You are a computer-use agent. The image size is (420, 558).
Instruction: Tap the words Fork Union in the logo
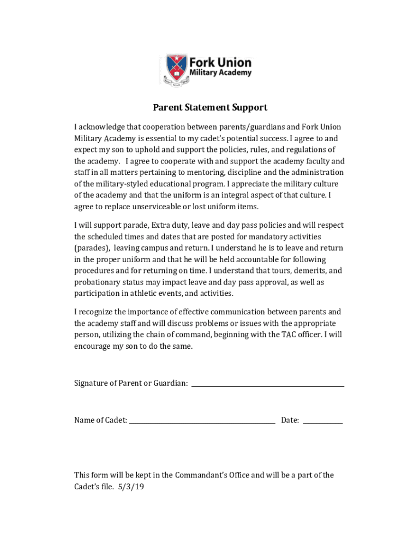point(220,62)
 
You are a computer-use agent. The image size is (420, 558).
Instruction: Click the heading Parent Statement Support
point(210,107)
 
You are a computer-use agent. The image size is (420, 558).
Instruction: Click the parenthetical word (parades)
point(92,248)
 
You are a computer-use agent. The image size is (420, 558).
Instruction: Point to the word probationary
point(98,282)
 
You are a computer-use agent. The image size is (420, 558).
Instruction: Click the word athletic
point(143,294)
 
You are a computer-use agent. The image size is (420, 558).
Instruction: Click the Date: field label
point(290,420)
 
